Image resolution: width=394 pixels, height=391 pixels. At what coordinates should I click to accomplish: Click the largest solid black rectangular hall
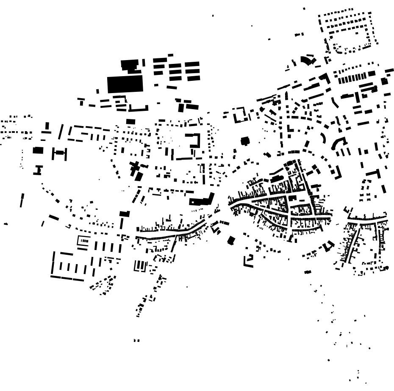coord(125,84)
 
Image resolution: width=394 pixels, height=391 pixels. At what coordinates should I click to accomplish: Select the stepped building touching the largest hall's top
coord(129,65)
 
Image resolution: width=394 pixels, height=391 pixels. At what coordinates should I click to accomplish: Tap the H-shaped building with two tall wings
coord(60,153)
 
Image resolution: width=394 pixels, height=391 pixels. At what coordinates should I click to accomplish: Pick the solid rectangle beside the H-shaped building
coord(38,150)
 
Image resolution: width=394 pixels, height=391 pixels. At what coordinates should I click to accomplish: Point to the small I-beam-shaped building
coord(39,170)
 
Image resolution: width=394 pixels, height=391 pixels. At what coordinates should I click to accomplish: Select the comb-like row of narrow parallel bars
coord(352,78)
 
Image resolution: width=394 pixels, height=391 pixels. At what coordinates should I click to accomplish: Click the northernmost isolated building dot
coord(304,8)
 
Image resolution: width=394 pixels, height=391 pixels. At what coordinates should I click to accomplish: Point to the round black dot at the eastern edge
coord(386,268)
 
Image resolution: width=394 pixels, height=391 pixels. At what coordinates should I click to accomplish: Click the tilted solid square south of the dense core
coord(231,240)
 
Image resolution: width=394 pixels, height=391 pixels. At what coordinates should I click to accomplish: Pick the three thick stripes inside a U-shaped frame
coord(140,266)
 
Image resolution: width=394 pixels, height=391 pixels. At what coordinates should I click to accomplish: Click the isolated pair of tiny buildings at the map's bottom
coord(136,340)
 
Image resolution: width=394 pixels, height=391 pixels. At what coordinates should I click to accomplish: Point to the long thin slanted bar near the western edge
coord(22,201)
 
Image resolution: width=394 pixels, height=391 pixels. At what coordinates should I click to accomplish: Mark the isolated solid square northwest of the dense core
coord(244,141)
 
